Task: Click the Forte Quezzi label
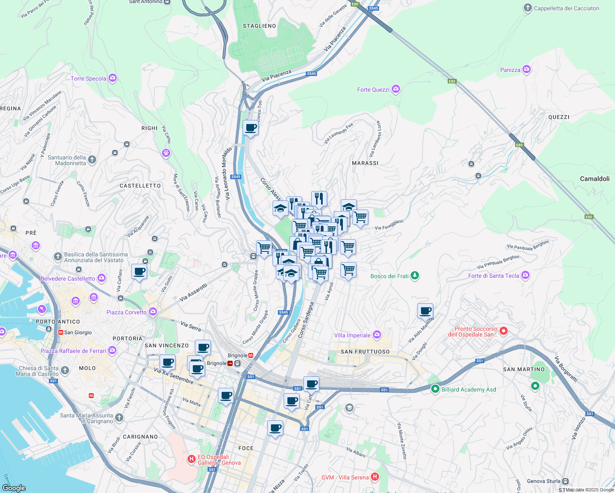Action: click(x=373, y=90)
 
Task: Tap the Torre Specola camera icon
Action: click(x=113, y=78)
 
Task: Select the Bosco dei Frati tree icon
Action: click(x=415, y=276)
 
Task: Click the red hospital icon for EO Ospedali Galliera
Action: click(x=191, y=459)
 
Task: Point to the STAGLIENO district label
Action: click(x=259, y=26)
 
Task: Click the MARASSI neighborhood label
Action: click(x=365, y=163)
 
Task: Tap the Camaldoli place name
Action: click(x=594, y=179)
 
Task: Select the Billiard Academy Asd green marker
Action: click(x=435, y=389)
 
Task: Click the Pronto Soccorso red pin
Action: click(x=504, y=331)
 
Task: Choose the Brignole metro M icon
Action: click(x=251, y=355)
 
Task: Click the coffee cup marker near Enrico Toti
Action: click(x=250, y=128)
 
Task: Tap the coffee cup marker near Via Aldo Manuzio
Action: click(x=425, y=311)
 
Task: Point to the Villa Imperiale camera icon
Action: click(x=377, y=335)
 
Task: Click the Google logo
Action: click(x=14, y=488)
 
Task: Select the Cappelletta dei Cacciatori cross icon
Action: click(x=528, y=8)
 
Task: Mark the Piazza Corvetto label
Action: click(x=126, y=312)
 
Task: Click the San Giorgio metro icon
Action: click(x=60, y=332)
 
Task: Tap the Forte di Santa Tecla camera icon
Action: click(x=525, y=275)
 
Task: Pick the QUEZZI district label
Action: click(x=559, y=117)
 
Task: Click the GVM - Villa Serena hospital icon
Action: click(x=375, y=477)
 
